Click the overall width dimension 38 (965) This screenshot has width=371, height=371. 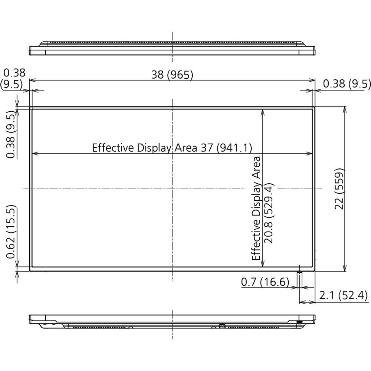point(172,75)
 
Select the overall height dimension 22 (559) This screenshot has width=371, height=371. point(340,189)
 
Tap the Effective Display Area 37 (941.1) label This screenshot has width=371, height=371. point(172,148)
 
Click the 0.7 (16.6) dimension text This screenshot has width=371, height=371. point(265,282)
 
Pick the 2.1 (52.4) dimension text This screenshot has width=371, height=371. point(343,296)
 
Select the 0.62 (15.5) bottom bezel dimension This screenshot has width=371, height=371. point(11,232)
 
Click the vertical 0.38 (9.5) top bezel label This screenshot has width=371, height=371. point(11,135)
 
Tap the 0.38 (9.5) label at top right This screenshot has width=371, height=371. point(347,84)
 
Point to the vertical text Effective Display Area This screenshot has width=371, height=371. point(256,208)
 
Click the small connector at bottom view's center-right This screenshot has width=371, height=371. point(222,326)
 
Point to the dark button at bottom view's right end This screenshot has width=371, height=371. point(299,321)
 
